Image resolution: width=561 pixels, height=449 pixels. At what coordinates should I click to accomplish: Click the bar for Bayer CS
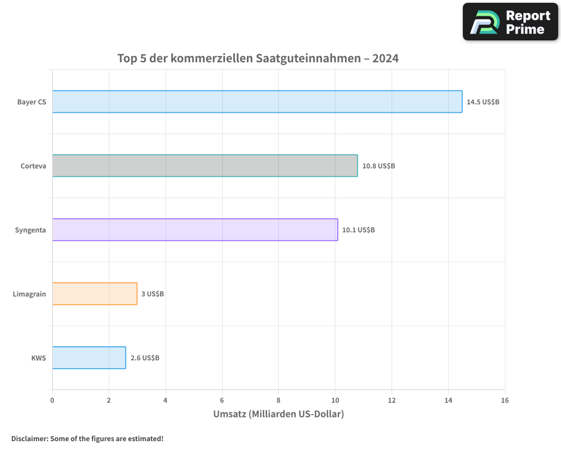pos(257,102)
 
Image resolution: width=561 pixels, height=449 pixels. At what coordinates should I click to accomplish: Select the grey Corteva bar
pos(205,166)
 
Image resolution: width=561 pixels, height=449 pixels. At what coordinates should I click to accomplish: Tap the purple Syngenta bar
pos(195,230)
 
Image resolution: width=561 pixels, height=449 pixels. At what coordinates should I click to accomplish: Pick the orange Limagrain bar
pos(95,294)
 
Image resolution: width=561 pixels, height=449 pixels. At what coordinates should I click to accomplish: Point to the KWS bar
pos(89,358)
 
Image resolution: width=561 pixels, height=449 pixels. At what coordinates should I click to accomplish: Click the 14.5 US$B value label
pos(483,102)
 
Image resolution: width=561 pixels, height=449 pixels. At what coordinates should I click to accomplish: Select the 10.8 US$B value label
pos(379,166)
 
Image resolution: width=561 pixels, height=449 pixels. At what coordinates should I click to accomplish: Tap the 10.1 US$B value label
pos(358,230)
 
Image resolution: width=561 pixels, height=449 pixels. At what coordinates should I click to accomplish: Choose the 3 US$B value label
pos(153,294)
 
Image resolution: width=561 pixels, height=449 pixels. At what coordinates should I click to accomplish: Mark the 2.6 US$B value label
pos(145,358)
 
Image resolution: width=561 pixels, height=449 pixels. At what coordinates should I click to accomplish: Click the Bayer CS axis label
pos(32,102)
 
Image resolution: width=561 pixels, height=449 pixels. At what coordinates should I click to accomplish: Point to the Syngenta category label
pos(31,230)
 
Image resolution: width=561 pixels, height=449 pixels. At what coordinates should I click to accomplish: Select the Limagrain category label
pos(30,294)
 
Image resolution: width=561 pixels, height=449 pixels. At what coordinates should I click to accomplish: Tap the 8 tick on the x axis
pos(278,400)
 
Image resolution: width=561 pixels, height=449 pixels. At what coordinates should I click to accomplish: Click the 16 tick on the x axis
pos(505,400)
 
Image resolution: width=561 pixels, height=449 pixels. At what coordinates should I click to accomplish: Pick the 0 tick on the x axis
pos(52,400)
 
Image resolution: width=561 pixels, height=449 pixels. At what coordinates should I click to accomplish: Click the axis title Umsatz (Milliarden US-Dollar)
pos(278,414)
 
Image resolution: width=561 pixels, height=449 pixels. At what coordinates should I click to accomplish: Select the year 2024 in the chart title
pos(385,58)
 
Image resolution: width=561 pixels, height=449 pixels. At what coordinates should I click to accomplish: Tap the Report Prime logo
pos(511,22)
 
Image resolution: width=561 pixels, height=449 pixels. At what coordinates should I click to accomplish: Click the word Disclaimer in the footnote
pos(29,438)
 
